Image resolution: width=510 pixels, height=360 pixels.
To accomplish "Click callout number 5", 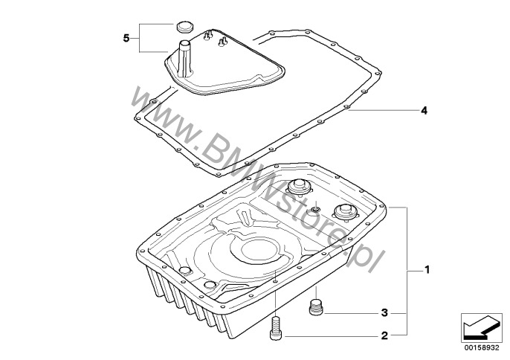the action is tap(126, 38).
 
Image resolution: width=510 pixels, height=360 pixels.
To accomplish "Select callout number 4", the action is tap(424, 111).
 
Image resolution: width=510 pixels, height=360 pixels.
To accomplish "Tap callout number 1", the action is tap(427, 270).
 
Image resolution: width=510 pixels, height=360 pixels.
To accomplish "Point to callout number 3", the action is tap(384, 313).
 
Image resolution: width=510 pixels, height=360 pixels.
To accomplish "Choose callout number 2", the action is tap(384, 335).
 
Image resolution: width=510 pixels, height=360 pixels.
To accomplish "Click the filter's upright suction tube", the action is tap(185, 58).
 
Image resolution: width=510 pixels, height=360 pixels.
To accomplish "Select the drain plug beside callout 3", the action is tap(315, 307).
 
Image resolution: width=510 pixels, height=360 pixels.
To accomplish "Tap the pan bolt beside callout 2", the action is tap(276, 329).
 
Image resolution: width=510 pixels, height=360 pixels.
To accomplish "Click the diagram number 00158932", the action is tap(482, 347).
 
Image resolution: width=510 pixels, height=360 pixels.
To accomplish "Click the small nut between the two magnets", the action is tap(314, 209).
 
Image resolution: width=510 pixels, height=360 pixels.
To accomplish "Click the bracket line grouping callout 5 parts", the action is tap(141, 38).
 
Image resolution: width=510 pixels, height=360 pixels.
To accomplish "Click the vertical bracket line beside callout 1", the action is tap(407, 271).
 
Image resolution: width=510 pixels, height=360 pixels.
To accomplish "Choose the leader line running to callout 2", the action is tap(330, 335).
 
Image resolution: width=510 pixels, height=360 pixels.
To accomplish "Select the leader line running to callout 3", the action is tap(351, 313).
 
